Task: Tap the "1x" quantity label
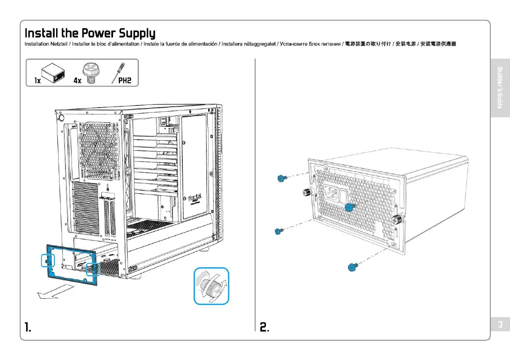pyautogui.click(x=38, y=80)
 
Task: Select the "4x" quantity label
pyautogui.click(x=77, y=80)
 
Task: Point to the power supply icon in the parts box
pyautogui.click(x=53, y=74)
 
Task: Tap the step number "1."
pyautogui.click(x=28, y=327)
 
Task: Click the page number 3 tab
pyautogui.click(x=500, y=324)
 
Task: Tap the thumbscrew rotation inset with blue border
pyautogui.click(x=211, y=286)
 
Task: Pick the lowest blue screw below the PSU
pyautogui.click(x=353, y=267)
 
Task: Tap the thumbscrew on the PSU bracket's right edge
pyautogui.click(x=397, y=220)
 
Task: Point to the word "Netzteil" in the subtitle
pyautogui.click(x=59, y=44)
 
